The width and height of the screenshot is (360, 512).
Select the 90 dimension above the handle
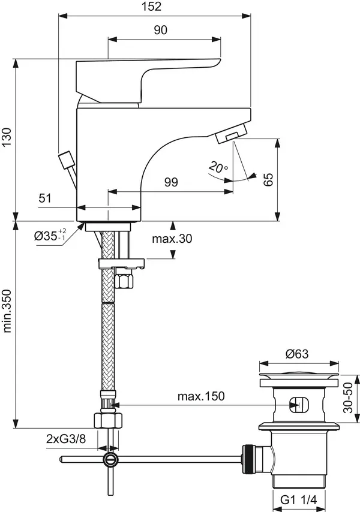(160, 30)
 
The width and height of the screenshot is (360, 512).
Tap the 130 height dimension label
(7, 139)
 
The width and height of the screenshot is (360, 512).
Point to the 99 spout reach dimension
(171, 183)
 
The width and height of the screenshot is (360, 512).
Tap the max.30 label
(172, 239)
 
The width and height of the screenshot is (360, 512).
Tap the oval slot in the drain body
(297, 405)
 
